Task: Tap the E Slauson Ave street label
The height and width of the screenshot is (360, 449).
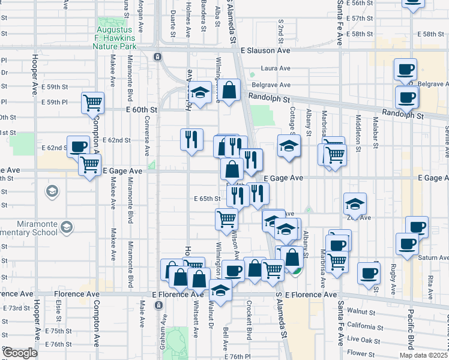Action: tap(265, 52)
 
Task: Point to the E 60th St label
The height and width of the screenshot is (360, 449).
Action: tap(141, 110)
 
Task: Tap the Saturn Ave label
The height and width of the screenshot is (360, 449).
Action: tap(435, 257)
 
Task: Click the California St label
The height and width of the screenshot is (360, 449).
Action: tap(360, 327)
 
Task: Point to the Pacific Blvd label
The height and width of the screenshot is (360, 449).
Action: tap(411, 324)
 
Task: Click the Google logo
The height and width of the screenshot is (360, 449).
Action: tap(20, 353)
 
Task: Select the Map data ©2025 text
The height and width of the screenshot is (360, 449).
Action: tap(424, 356)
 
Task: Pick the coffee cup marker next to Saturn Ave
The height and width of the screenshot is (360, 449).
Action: tap(406, 244)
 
